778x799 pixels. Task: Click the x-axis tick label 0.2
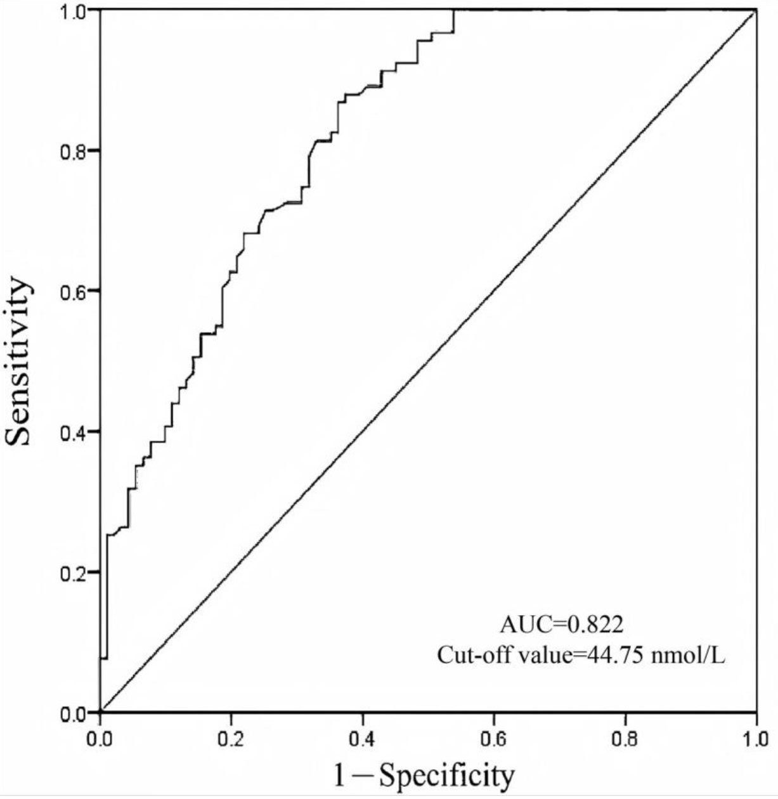pos(231,739)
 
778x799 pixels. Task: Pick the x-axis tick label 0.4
pos(363,739)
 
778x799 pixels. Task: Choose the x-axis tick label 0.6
pos(494,739)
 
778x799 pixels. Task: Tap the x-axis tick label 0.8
pos(625,739)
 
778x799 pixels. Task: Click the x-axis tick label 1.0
pos(756,739)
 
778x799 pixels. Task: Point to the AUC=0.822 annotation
pos(562,625)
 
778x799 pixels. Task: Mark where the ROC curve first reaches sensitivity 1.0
pos(454,11)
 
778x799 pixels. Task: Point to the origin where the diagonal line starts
pos(100,712)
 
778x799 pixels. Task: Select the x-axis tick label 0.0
pos(100,739)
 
